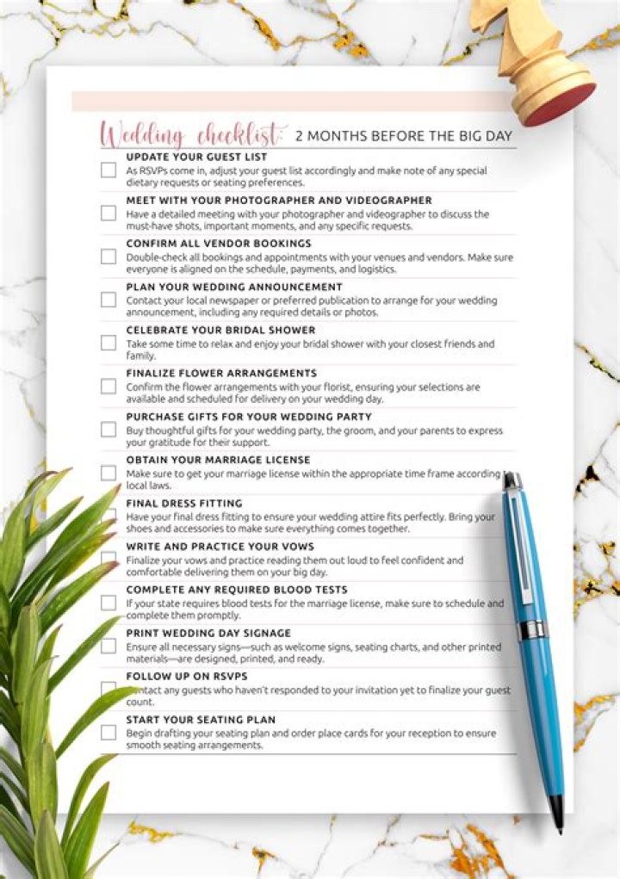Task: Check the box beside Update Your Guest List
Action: click(x=108, y=170)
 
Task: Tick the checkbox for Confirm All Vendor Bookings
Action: click(x=108, y=257)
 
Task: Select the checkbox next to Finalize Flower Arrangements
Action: click(x=108, y=387)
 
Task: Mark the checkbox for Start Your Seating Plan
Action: click(x=108, y=733)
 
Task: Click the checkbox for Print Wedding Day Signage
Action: click(x=108, y=646)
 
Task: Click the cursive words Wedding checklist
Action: click(x=191, y=134)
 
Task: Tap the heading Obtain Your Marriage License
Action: click(x=218, y=460)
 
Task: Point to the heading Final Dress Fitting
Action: click(x=184, y=503)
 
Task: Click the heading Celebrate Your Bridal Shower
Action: click(x=220, y=330)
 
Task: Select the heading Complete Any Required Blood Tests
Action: click(x=237, y=590)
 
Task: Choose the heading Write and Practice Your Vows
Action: click(x=220, y=546)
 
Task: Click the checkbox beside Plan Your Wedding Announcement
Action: click(x=108, y=300)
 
